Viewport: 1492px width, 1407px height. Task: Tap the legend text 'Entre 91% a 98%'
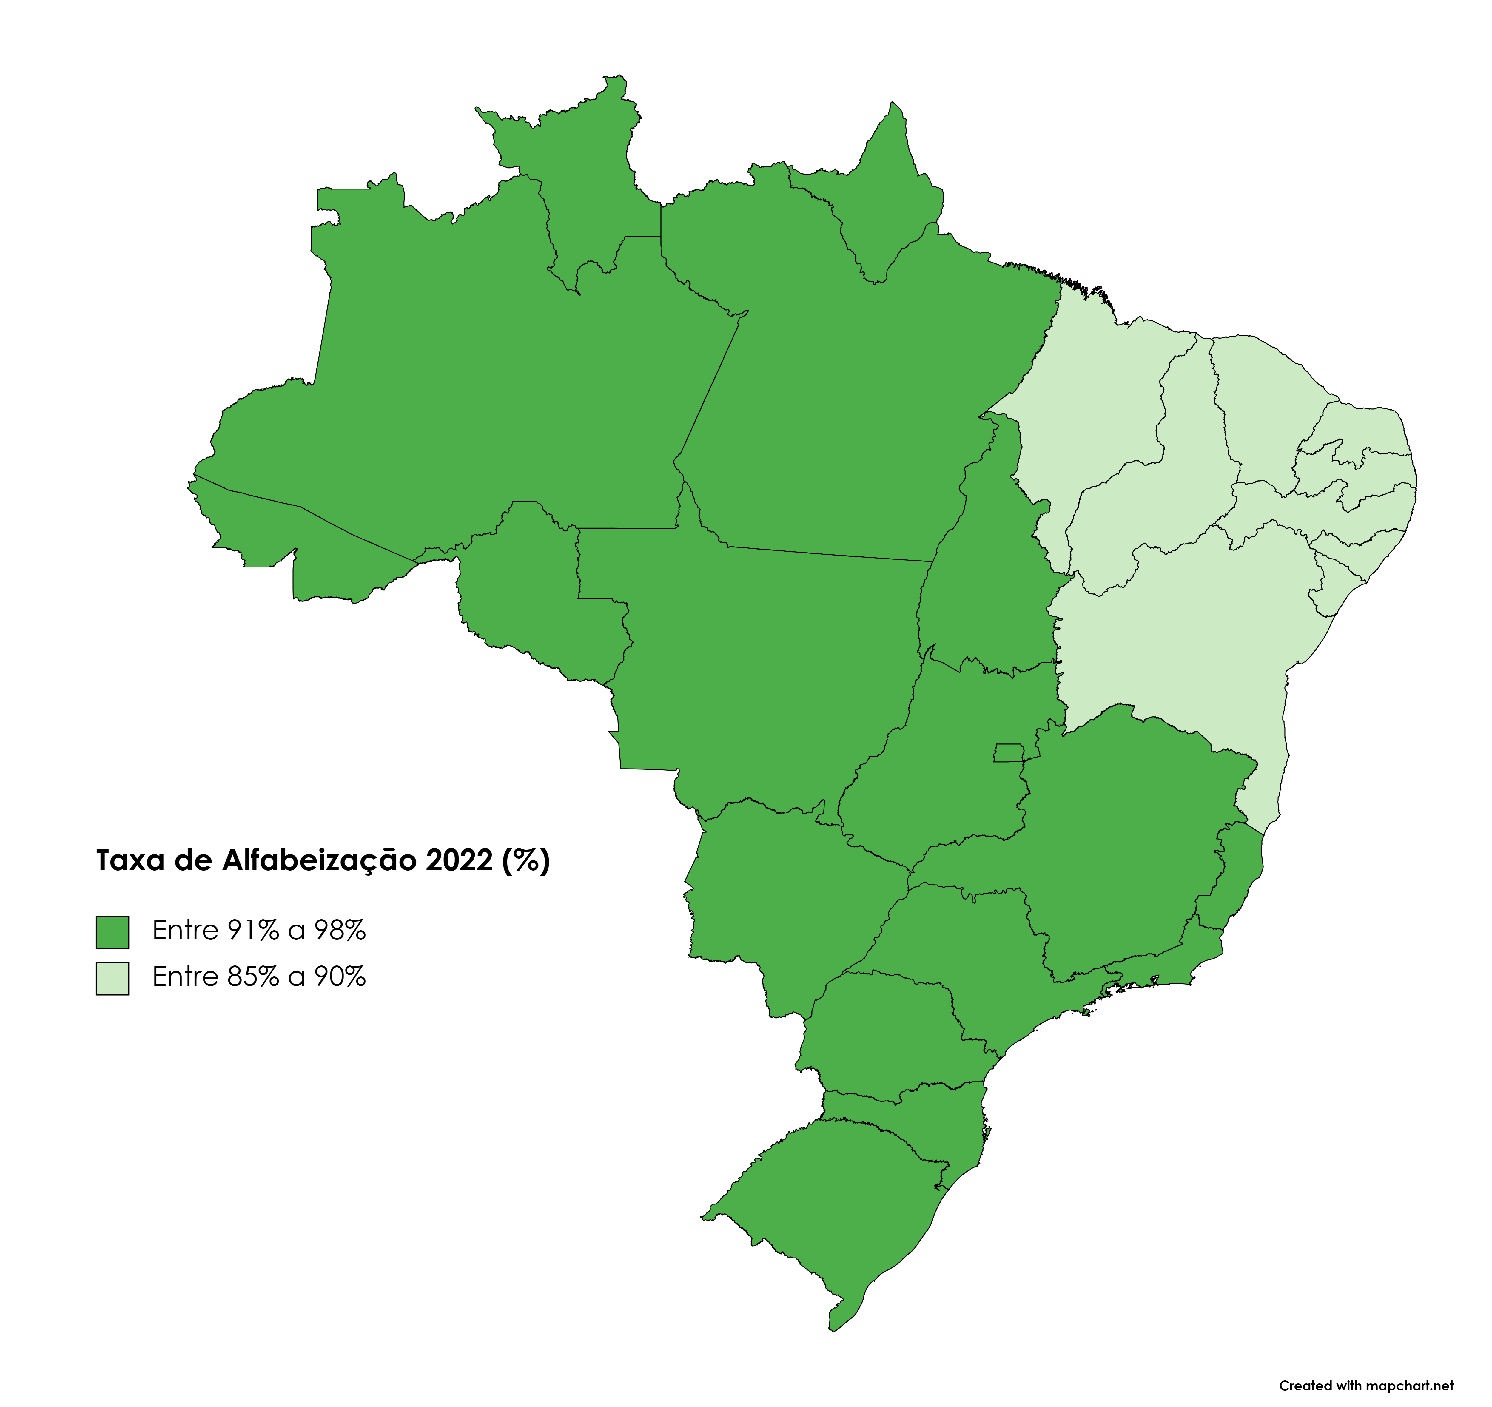click(259, 931)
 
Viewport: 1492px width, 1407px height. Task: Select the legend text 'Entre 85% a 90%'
click(259, 977)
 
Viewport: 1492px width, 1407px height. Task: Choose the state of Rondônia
click(533, 593)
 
